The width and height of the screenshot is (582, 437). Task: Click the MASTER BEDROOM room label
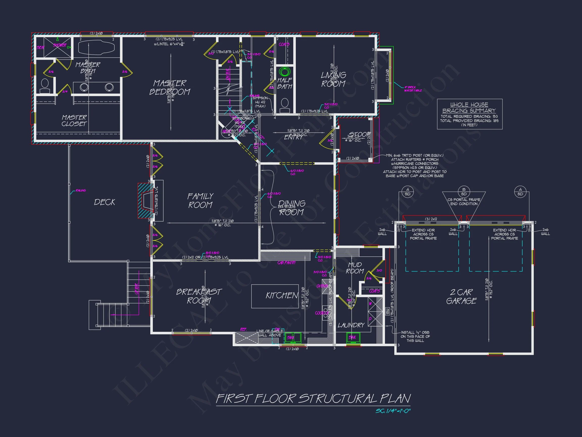click(x=170, y=88)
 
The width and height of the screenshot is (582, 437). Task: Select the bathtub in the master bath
click(x=96, y=47)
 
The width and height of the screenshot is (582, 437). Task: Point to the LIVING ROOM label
click(x=333, y=79)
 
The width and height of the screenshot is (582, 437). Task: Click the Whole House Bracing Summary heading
click(x=469, y=107)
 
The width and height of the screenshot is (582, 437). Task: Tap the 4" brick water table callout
click(x=413, y=89)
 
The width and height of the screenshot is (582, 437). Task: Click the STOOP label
click(x=359, y=135)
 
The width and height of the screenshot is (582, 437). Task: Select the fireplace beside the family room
click(x=145, y=201)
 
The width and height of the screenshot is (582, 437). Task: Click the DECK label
click(x=105, y=202)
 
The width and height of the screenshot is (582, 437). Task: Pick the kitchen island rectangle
click(x=275, y=296)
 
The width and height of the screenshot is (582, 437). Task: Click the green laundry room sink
click(x=353, y=337)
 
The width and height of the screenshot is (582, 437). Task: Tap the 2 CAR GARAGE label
click(x=461, y=296)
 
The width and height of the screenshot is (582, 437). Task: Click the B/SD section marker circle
click(x=464, y=191)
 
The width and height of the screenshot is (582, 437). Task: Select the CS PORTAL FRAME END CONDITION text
click(x=464, y=202)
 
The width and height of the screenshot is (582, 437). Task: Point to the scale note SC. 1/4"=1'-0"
click(x=393, y=411)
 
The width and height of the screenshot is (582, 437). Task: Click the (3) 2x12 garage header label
click(x=431, y=219)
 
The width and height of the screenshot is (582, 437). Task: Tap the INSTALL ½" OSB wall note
click(x=415, y=336)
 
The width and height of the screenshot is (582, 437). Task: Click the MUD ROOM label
click(x=355, y=268)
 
